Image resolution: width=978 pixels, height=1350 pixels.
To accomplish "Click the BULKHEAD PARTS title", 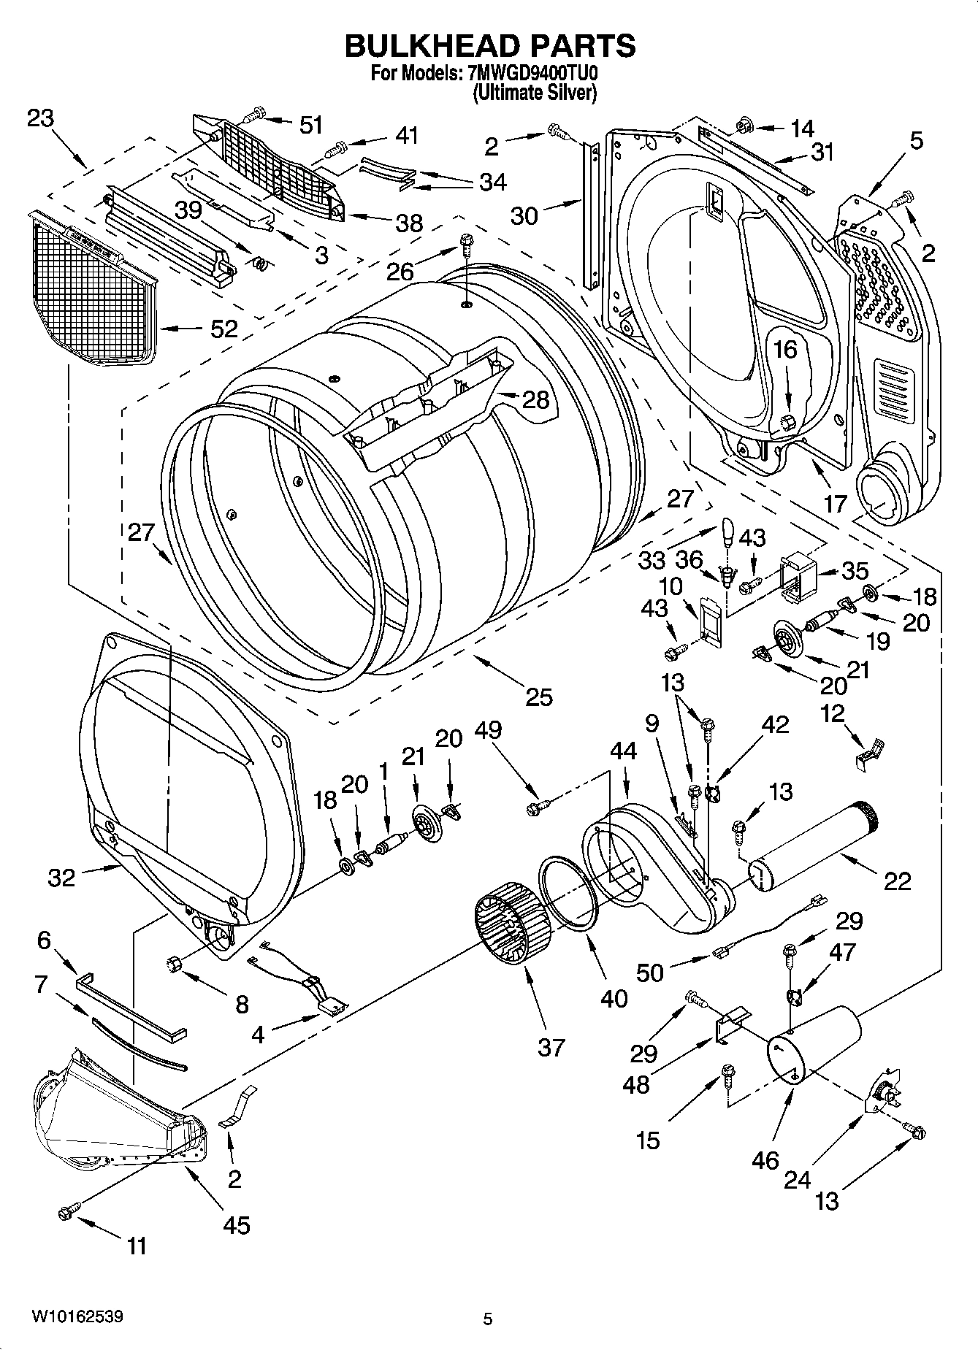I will click(489, 45).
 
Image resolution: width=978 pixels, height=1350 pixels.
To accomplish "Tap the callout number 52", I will click(224, 329).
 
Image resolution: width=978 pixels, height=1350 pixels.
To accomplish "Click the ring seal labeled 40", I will click(569, 895).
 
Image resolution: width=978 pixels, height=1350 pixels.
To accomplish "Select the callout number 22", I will click(898, 881).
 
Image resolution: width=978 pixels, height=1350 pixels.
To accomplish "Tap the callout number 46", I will click(765, 1160).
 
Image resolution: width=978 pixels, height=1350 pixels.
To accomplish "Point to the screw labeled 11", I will click(67, 1213).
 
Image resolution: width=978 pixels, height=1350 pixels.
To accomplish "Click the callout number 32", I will click(61, 877).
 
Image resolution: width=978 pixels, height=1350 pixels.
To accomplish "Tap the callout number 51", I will click(311, 125).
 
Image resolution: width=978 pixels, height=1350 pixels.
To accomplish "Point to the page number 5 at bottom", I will click(488, 1319).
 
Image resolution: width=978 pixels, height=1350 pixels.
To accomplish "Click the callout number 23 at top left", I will click(42, 118).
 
